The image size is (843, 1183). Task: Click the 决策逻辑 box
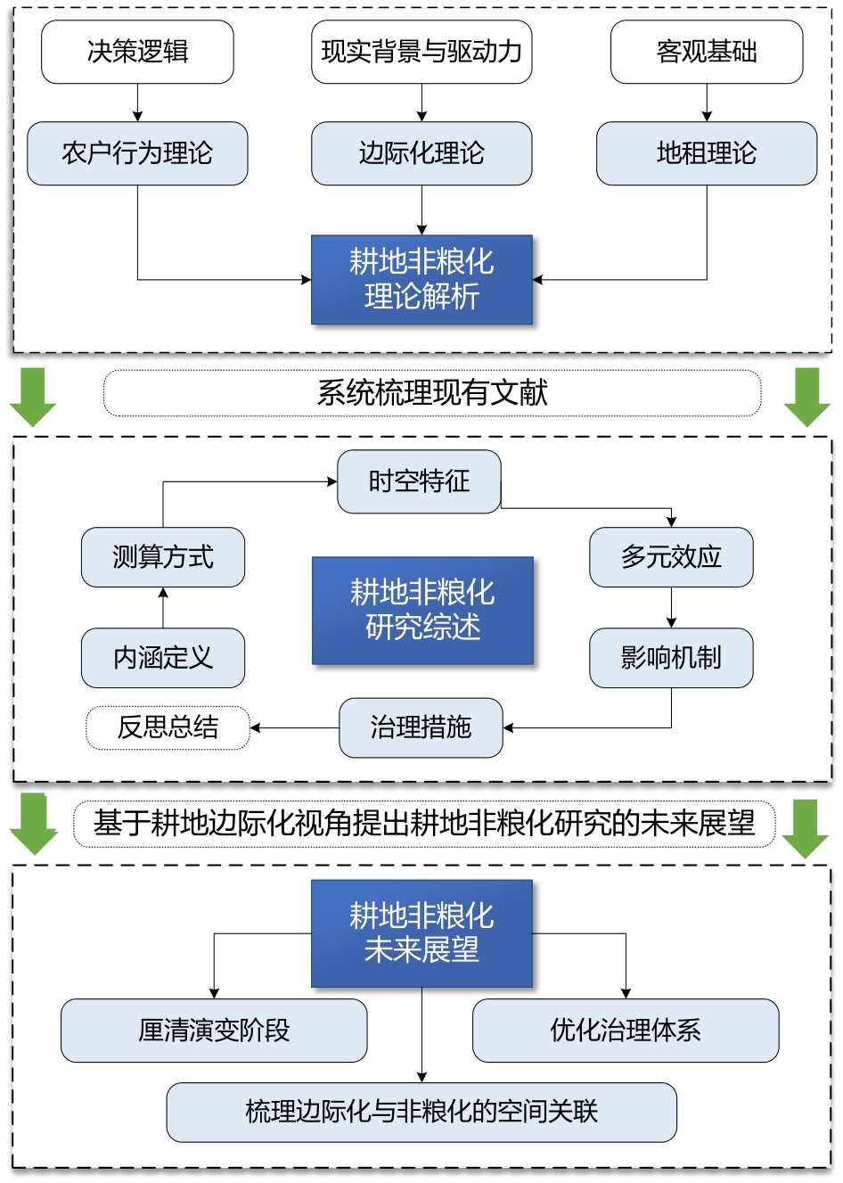click(x=137, y=53)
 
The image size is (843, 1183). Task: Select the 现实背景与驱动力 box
click(x=421, y=53)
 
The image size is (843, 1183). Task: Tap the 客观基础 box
click(x=707, y=53)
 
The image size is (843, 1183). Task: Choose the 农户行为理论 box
click(x=137, y=153)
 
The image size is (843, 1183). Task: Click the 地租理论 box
click(x=707, y=153)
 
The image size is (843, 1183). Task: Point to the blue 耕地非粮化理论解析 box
click(x=421, y=279)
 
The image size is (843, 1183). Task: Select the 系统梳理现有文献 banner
click(x=432, y=393)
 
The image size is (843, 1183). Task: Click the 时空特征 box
click(x=419, y=481)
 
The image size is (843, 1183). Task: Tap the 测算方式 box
click(x=163, y=557)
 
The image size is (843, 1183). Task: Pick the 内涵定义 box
click(x=163, y=658)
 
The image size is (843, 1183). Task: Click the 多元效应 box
click(x=671, y=557)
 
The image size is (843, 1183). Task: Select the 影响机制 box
click(x=671, y=658)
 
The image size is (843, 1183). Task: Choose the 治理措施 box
click(x=421, y=727)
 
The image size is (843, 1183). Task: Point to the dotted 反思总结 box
click(x=168, y=727)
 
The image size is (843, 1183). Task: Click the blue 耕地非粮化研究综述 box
click(x=422, y=611)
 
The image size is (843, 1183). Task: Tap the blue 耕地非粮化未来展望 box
click(x=421, y=933)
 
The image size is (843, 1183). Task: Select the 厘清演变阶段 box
click(x=214, y=1031)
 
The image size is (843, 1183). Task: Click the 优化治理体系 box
click(x=626, y=1031)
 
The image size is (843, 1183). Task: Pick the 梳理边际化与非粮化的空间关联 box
click(x=421, y=1112)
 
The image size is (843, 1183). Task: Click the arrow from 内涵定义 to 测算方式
click(x=163, y=608)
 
